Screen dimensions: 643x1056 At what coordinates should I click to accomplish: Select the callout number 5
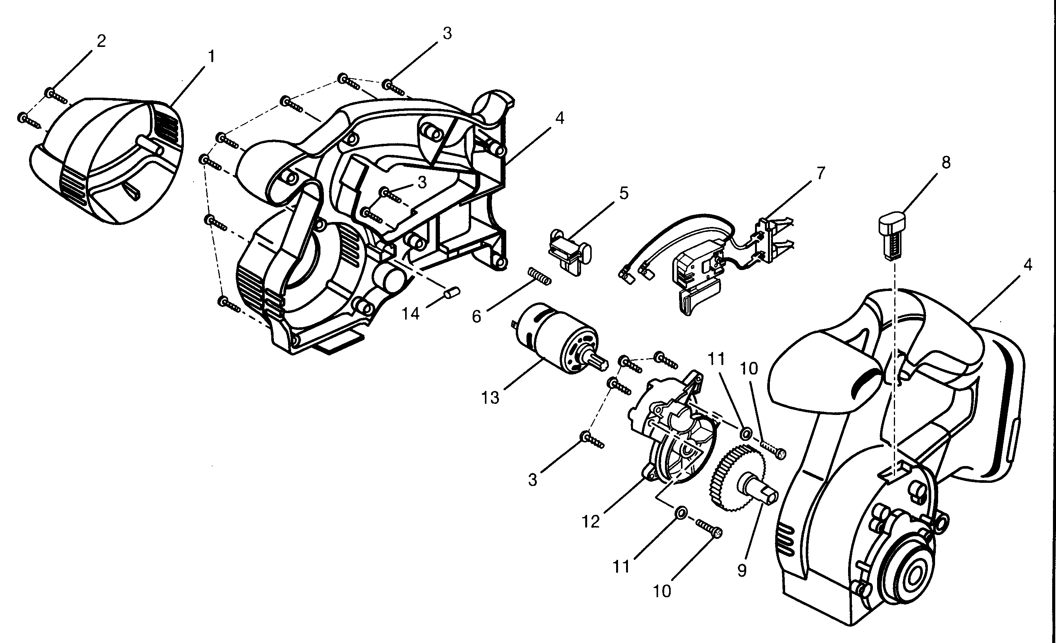624,194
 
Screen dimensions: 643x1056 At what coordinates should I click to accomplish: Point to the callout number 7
820,174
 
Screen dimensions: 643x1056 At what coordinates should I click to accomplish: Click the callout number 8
946,163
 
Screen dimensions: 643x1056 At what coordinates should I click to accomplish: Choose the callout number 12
590,522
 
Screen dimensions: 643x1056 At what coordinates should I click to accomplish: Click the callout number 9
742,571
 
